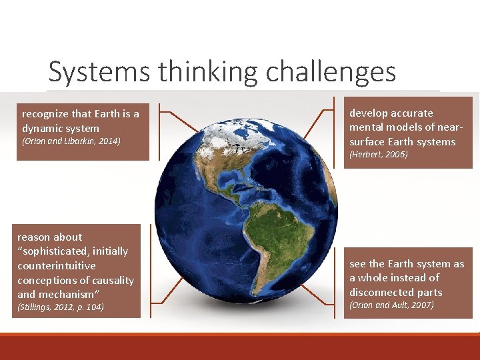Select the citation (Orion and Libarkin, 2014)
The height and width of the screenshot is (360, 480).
click(x=71, y=141)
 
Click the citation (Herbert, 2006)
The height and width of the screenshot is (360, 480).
click(x=378, y=155)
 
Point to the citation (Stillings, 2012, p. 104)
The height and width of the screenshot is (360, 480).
click(x=61, y=307)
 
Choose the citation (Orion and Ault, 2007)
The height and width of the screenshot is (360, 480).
click(x=391, y=305)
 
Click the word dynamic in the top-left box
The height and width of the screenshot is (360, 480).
click(x=41, y=128)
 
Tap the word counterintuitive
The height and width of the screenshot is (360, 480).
click(x=57, y=265)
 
